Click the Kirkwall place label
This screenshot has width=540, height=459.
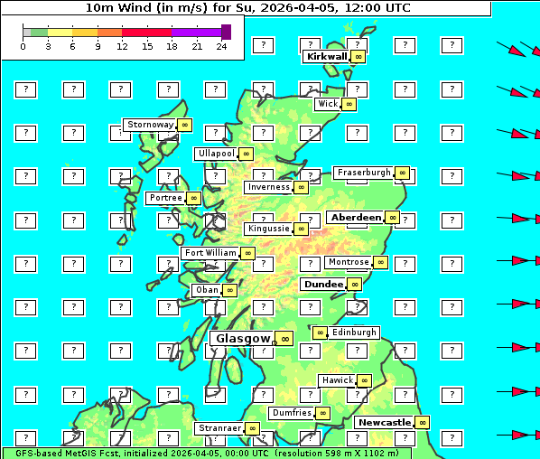(326, 56)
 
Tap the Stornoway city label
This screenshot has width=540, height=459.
(150, 125)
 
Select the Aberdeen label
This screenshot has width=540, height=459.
(356, 218)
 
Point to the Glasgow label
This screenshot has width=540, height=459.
(242, 338)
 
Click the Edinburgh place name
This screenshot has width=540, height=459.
(353, 333)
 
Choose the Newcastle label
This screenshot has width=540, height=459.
(384, 422)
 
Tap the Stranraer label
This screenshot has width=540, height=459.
(219, 428)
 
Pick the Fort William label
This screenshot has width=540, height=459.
(209, 253)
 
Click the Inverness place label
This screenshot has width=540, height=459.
(268, 187)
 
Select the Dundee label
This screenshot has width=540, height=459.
(323, 284)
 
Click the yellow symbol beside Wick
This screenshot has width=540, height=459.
(349, 104)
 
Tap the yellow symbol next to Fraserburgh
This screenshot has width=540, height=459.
(402, 173)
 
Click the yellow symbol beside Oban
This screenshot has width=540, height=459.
(230, 290)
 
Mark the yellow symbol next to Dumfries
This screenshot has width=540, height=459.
(322, 413)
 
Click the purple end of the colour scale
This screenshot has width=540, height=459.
(226, 32)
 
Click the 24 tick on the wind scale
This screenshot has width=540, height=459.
(221, 45)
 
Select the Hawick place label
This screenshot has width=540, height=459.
(338, 380)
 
